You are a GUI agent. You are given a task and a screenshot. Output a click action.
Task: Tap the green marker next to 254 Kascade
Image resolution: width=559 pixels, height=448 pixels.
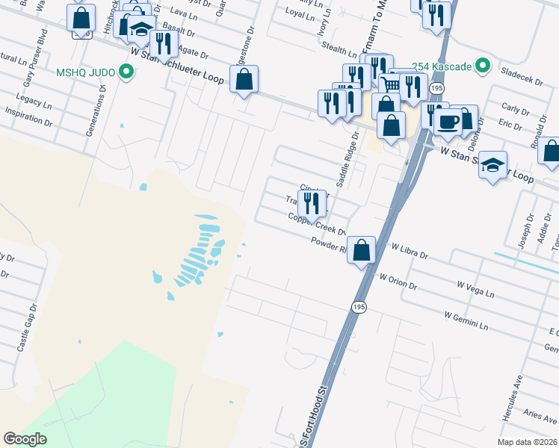pos(483,66)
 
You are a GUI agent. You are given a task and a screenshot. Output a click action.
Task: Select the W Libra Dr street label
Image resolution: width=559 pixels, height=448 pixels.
pos(409,250)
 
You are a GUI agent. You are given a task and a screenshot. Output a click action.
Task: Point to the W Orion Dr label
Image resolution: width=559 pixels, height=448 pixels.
pos(398,279)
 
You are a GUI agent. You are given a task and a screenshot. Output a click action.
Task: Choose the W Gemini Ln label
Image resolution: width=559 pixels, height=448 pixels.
pos(465,321)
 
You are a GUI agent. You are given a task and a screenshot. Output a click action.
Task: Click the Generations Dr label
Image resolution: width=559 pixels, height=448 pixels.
pos(101,109)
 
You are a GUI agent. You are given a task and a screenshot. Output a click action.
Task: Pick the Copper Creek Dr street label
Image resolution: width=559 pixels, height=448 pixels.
pos(318,223)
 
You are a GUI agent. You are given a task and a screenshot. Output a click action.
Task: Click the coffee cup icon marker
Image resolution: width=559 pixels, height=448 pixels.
pos(447,122)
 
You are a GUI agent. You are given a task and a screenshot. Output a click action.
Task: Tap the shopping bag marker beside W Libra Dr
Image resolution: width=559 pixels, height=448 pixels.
pos(361,249)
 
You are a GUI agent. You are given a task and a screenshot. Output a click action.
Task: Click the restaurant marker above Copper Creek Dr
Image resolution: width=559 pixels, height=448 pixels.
pos(311,202)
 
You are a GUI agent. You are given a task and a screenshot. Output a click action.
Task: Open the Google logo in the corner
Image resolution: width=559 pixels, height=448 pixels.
pos(25,439)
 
